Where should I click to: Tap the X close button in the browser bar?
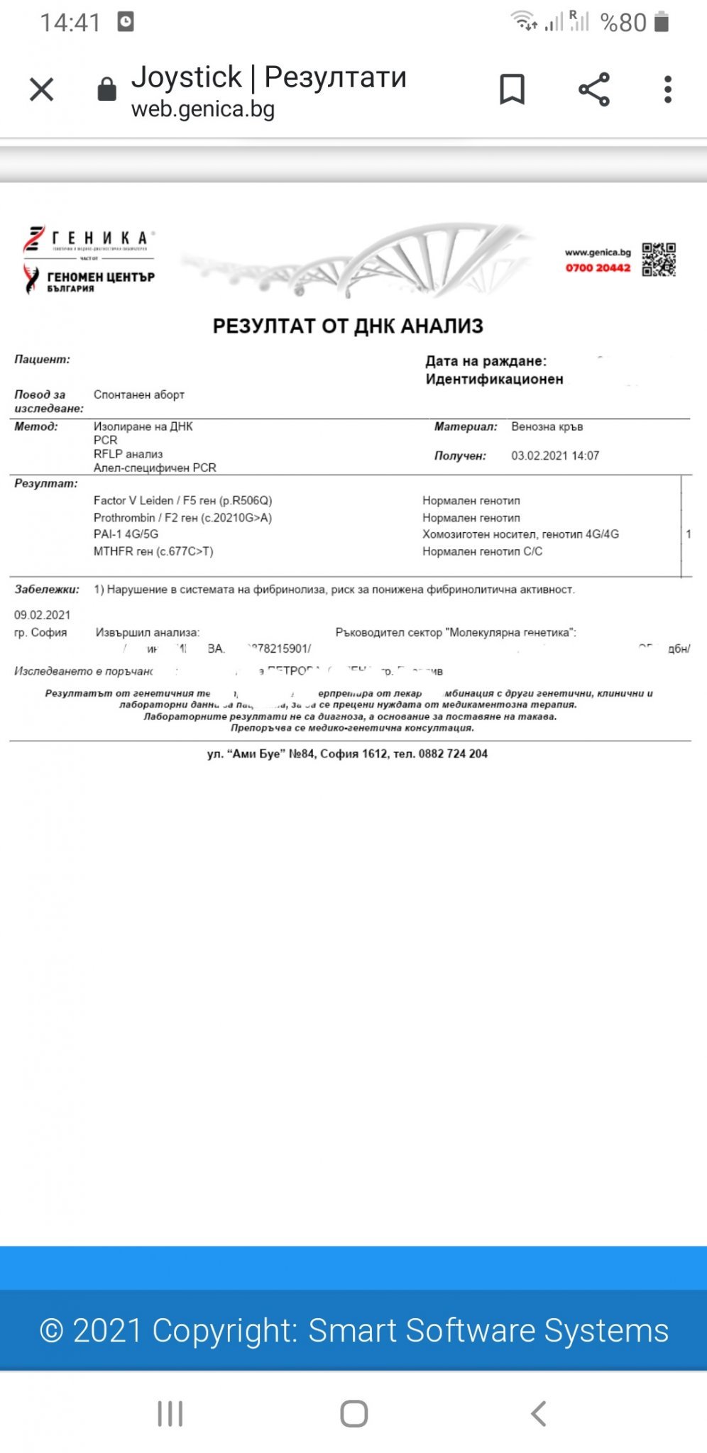(42, 90)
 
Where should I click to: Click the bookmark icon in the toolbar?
(512, 89)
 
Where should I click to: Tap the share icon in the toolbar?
(594, 89)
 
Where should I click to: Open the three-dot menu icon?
(667, 89)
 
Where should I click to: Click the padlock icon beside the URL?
(106, 89)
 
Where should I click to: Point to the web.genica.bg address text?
(203, 109)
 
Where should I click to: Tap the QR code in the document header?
(659, 259)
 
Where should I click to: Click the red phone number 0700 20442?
(598, 267)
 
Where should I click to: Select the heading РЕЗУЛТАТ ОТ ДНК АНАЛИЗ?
(348, 326)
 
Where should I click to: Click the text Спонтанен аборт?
(139, 394)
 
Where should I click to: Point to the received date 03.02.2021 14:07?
(555, 455)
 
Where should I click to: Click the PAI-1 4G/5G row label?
(126, 534)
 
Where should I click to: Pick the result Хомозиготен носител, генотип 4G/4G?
(520, 534)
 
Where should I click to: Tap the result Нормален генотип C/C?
(482, 551)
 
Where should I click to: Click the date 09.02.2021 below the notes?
(43, 614)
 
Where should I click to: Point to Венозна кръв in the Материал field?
(547, 426)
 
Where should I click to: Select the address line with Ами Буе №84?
(347, 753)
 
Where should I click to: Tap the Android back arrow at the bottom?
(539, 1413)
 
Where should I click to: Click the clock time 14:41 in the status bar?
(70, 23)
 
